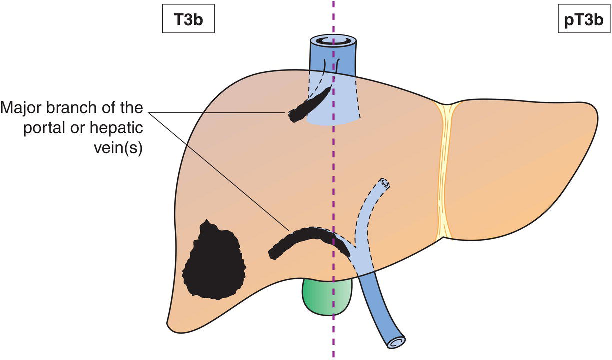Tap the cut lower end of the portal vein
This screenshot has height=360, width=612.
[394, 343]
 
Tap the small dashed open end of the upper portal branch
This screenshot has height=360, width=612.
[383, 183]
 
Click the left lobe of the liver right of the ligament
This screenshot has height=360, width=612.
[520, 165]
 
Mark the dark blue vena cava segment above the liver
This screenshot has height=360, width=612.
[332, 60]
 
